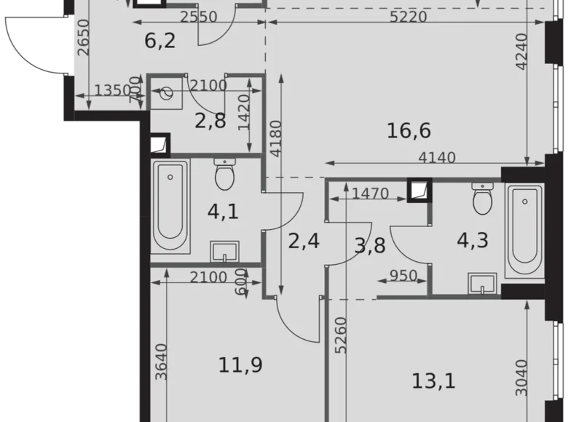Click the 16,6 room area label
coord(409,131)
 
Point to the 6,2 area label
coord(159,41)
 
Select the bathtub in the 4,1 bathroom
coord(170,206)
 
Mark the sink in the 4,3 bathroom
coord(481,284)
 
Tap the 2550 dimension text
coord(199,17)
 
